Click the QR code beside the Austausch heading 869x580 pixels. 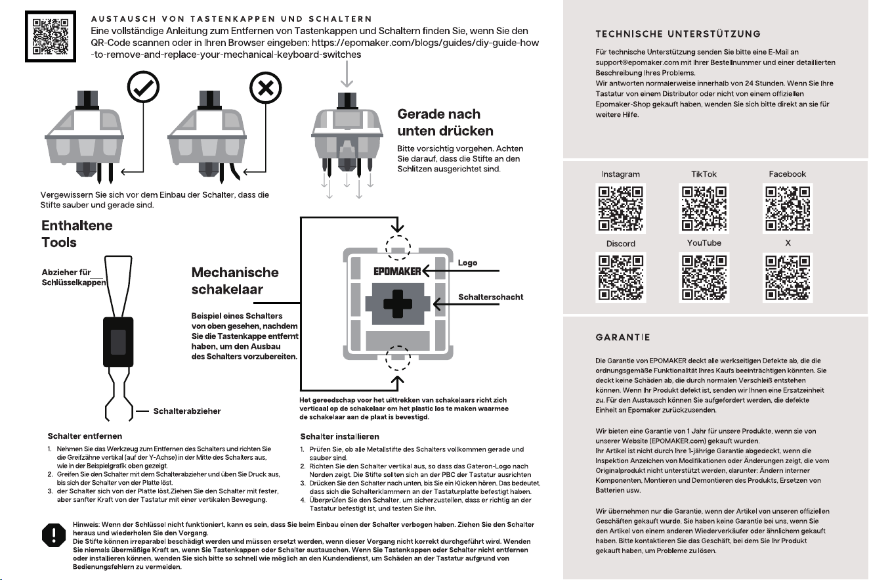click(x=51, y=37)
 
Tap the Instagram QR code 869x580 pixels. click(x=620, y=208)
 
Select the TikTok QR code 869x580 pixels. click(x=704, y=208)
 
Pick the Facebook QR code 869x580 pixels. click(x=788, y=208)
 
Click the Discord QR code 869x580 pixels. click(x=620, y=278)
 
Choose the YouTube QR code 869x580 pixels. click(x=704, y=278)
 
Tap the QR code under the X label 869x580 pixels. click(x=788, y=278)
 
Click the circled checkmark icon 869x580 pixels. click(x=143, y=87)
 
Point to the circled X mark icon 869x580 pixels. click(x=266, y=88)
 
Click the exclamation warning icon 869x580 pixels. click(x=54, y=535)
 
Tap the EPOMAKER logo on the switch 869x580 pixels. click(x=397, y=271)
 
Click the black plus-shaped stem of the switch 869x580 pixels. click(x=398, y=304)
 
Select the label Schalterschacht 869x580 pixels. click(x=491, y=297)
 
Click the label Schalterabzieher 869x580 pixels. click(x=187, y=411)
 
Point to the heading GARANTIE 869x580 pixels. click(x=623, y=337)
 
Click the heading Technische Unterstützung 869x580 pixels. click(x=678, y=33)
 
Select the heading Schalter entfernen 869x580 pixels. click(x=85, y=436)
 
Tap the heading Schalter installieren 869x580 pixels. click(x=339, y=436)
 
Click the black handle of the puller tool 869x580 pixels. click(x=118, y=342)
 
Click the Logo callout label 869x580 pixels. click(x=467, y=263)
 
